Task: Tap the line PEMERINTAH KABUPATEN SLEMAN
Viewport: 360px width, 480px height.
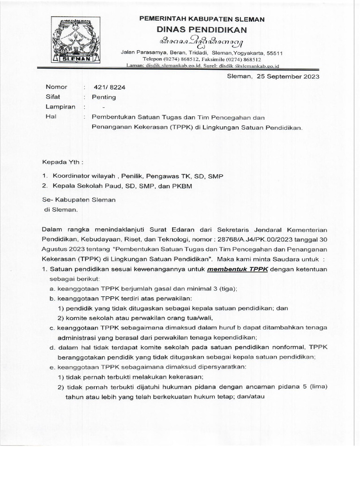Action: click(x=202, y=19)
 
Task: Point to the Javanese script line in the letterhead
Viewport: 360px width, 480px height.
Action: click(x=202, y=42)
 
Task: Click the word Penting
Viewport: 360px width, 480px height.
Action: click(x=104, y=97)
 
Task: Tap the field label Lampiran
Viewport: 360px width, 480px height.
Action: click(x=60, y=107)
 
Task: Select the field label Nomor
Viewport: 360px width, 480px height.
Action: click(x=56, y=87)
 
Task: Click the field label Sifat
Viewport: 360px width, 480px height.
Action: click(x=53, y=97)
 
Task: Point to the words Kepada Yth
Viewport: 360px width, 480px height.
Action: click(x=62, y=162)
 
